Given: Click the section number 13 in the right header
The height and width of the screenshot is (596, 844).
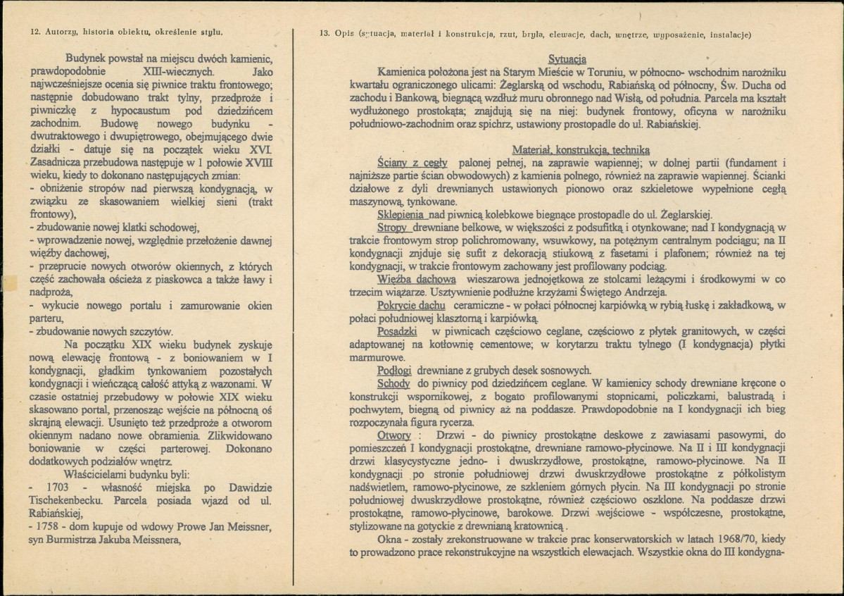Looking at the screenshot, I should pyautogui.click(x=324, y=34).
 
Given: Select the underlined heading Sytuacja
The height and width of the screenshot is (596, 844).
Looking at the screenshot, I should pyautogui.click(x=567, y=60).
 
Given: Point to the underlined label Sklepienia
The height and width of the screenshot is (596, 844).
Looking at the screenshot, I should pyautogui.click(x=400, y=214).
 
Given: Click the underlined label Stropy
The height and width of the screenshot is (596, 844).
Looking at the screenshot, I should pyautogui.click(x=392, y=228).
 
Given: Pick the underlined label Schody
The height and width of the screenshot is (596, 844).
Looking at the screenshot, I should pyautogui.click(x=393, y=383).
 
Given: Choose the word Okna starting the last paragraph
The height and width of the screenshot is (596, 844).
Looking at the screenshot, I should pyautogui.click(x=391, y=540).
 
